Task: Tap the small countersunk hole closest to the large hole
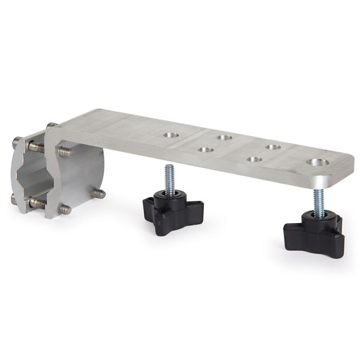pos(254,159)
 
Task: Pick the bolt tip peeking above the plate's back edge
pos(51,125)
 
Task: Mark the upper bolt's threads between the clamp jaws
pos(37,147)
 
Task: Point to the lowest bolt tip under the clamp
pos(65,209)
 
